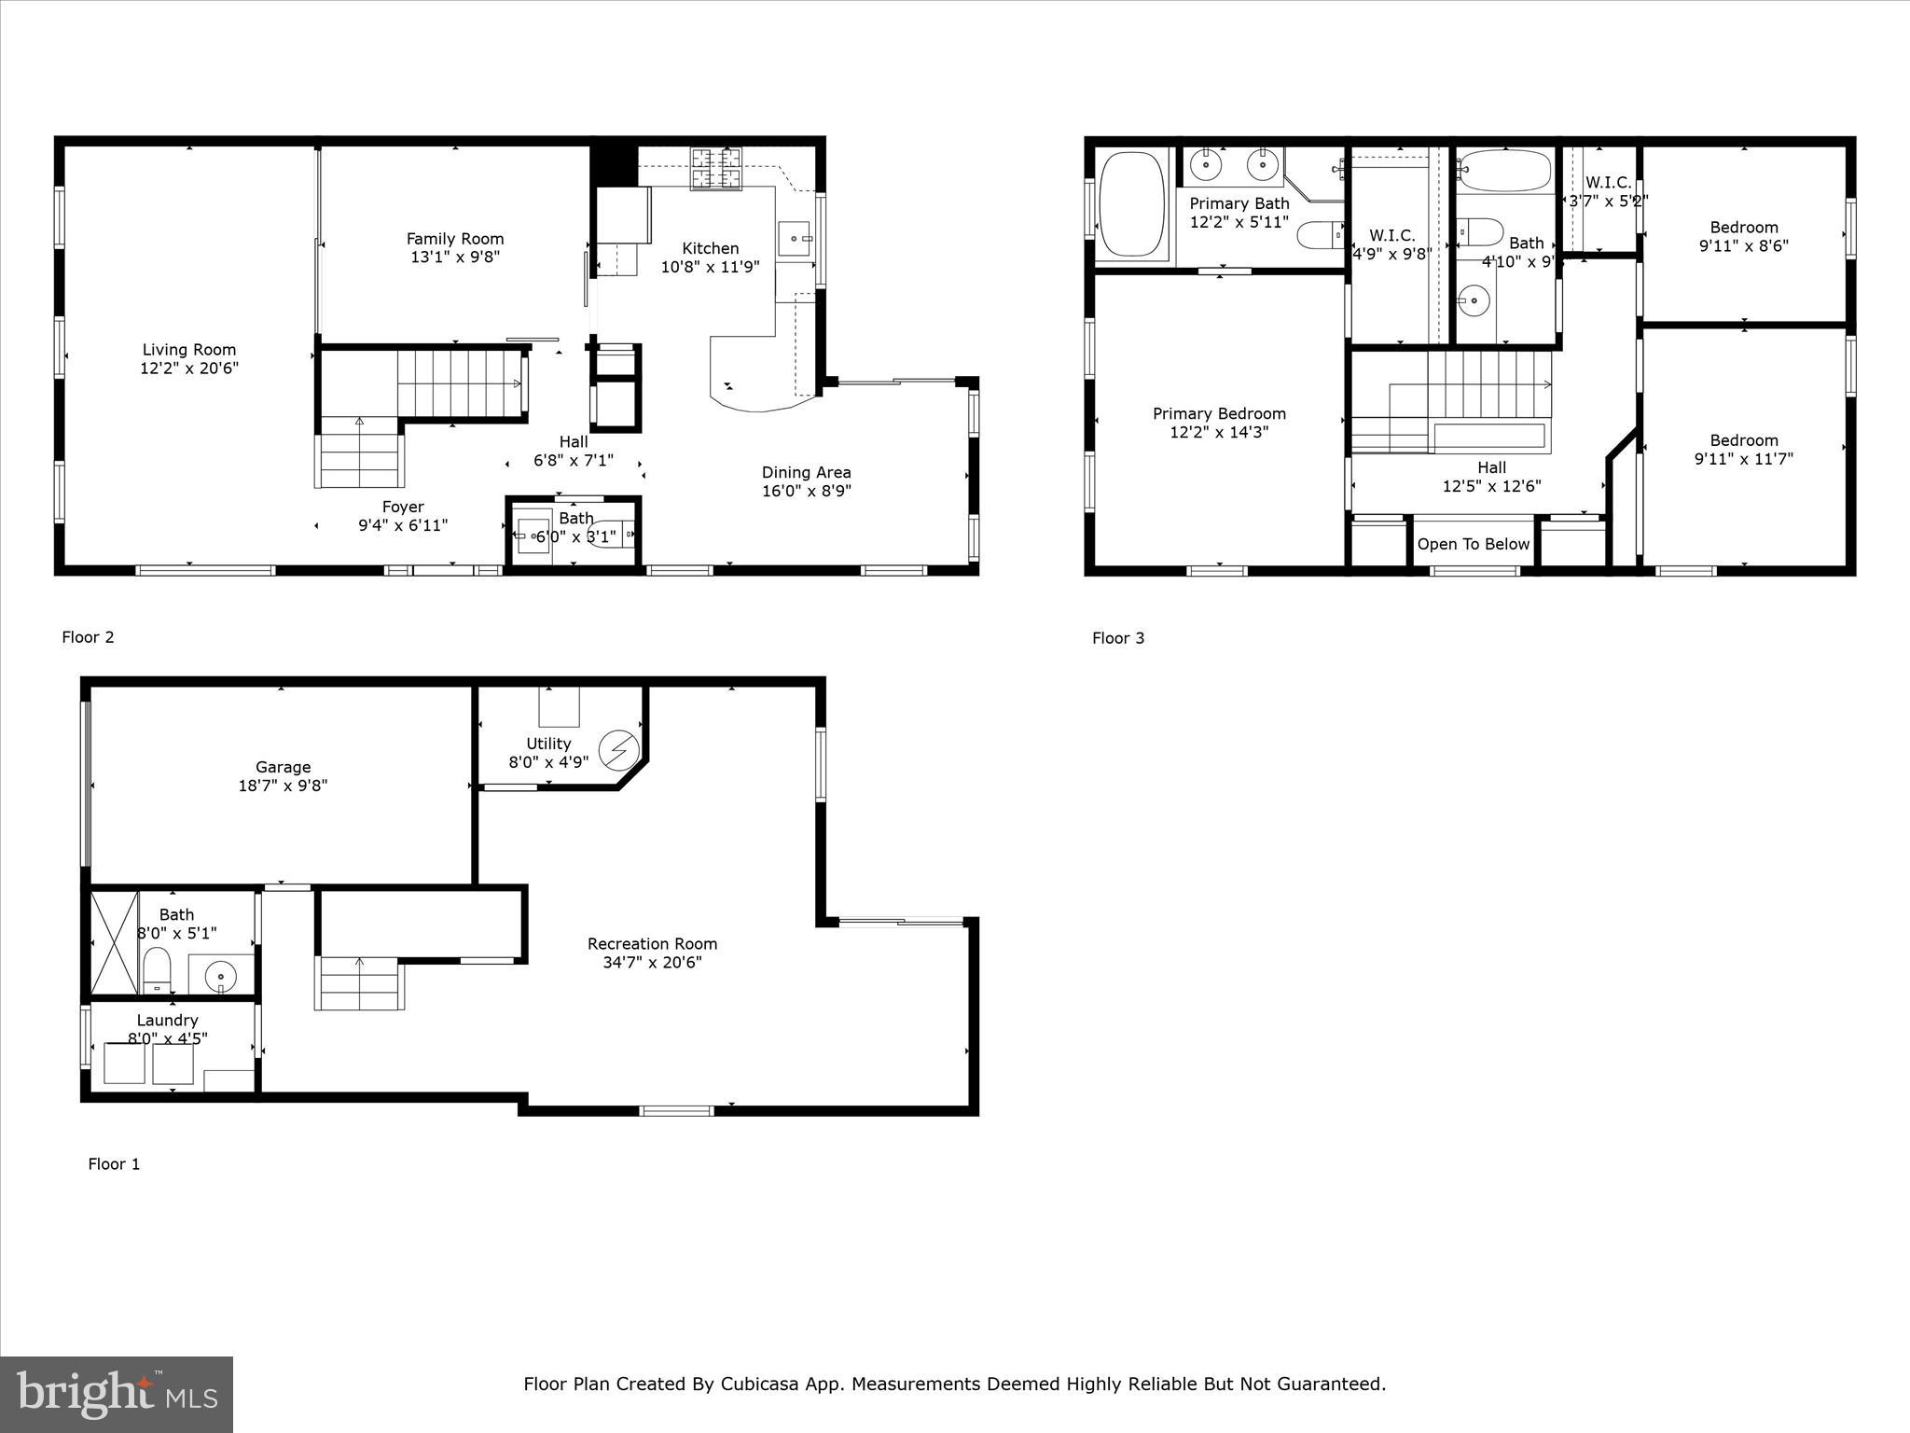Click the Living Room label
coord(189,350)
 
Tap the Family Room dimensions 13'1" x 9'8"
coord(455,257)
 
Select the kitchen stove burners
coord(716,168)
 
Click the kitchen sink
coord(795,238)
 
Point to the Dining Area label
coord(806,472)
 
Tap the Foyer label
coord(403,507)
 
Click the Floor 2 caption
coord(88,637)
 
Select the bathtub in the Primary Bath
coord(1132,206)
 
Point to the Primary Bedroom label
coord(1219,413)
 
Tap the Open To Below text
coord(1474,544)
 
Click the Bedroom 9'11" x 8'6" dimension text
coord(1743,246)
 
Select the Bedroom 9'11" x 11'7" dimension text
coord(1743,459)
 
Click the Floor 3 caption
coord(1118,638)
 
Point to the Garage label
coord(283,767)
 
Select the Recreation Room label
coord(652,943)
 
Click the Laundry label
coord(167,1020)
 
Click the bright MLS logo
coord(117,1394)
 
